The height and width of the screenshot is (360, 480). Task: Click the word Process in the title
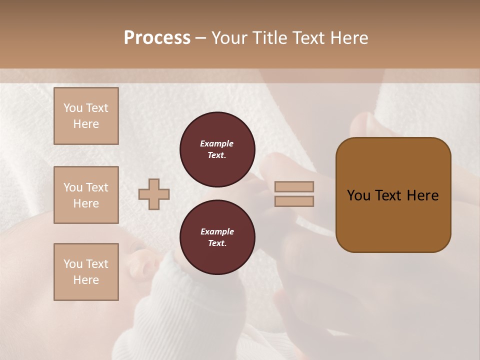[x=157, y=38]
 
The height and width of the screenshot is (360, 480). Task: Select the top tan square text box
[x=86, y=116]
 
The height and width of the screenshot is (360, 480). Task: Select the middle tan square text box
[x=86, y=195]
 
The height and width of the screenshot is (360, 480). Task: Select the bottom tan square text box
[x=86, y=272]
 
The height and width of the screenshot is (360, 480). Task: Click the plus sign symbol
[x=154, y=194]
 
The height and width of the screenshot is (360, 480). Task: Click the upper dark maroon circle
[x=217, y=149]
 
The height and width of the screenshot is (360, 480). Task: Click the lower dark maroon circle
[x=217, y=237]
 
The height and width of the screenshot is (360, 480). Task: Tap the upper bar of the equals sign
[x=294, y=187]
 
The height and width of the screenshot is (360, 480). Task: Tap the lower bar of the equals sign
[x=294, y=201]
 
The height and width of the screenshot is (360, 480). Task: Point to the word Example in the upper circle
[x=217, y=143]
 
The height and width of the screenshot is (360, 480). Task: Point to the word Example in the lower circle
[x=217, y=231]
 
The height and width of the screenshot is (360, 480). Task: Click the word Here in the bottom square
[x=86, y=280]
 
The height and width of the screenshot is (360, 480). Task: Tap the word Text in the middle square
[x=97, y=187]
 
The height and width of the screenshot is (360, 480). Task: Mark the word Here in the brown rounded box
[x=422, y=195]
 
